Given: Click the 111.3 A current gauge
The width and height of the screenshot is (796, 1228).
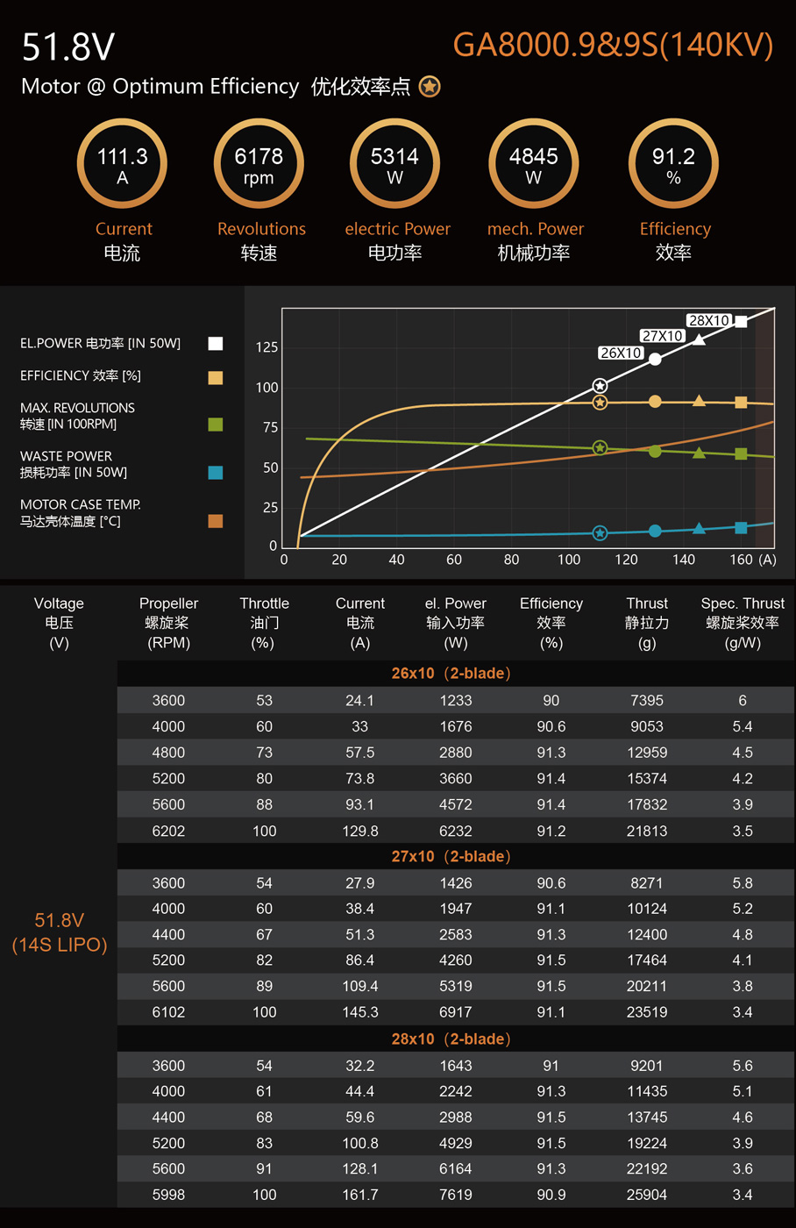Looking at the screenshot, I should pos(122,164).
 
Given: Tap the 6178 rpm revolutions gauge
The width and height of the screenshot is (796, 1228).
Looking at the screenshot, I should pos(259,164).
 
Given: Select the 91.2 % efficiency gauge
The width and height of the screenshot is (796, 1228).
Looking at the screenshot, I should pos(673,164).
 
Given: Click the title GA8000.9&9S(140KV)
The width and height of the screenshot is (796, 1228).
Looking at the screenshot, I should pos(613,45).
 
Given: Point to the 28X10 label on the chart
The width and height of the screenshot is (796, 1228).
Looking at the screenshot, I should pos(708,320).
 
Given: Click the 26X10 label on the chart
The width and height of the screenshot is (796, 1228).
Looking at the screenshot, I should pos(621,353).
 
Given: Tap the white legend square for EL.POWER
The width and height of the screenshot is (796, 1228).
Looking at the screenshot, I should pos(216,344).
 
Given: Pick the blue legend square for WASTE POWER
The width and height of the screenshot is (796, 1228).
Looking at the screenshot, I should pos(216,473).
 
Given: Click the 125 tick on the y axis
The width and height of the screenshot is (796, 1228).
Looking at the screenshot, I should pos(267,347).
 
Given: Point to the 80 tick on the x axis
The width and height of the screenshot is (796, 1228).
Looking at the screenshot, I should pos(511,560).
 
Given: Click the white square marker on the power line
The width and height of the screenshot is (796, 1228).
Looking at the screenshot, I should pos(741,321).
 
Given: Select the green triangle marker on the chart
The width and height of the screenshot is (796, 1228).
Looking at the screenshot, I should pos(699,453).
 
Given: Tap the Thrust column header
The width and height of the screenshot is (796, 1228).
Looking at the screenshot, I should pos(647,603).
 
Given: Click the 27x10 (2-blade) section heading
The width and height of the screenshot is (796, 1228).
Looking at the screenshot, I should pos(451,856).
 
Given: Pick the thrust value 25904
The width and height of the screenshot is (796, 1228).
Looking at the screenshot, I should pos(647,1195).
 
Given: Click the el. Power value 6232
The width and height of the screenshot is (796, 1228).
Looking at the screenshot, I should pos(456,831).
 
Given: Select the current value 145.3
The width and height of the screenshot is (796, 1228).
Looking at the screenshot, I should pos(360,1012).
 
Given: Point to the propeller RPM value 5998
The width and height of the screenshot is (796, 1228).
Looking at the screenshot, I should pos(168,1195).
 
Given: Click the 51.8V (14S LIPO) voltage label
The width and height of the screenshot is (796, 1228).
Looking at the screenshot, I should pos(60,932).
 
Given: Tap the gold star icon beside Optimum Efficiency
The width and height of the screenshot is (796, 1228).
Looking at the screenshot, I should pos(430,87).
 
